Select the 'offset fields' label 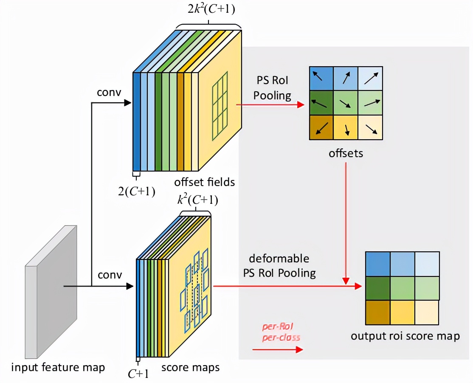[204, 183]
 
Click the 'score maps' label [191, 367]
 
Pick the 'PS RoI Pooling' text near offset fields [273, 88]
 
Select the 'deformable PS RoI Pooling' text [279, 265]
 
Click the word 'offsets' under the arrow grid [346, 153]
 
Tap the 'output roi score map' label [405, 336]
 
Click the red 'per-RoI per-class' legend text [281, 332]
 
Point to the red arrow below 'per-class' [277, 349]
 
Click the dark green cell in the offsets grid [321, 103]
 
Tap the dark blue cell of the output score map [377, 264]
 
